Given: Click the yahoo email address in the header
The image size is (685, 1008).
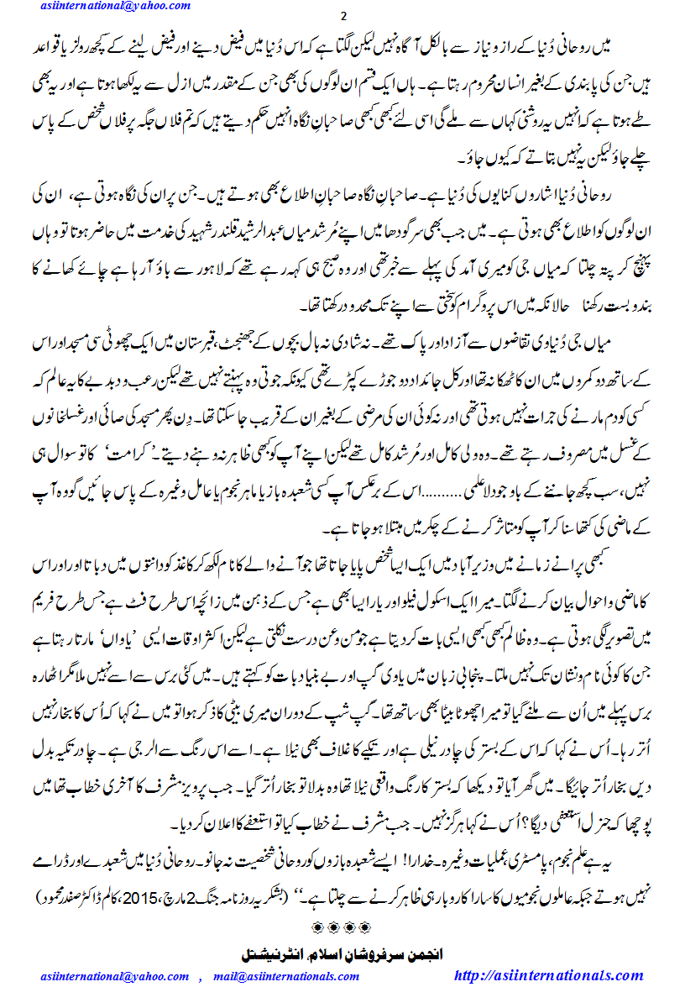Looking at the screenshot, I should pos(115,7).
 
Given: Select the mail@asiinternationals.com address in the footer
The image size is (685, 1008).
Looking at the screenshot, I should pos(286,976).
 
